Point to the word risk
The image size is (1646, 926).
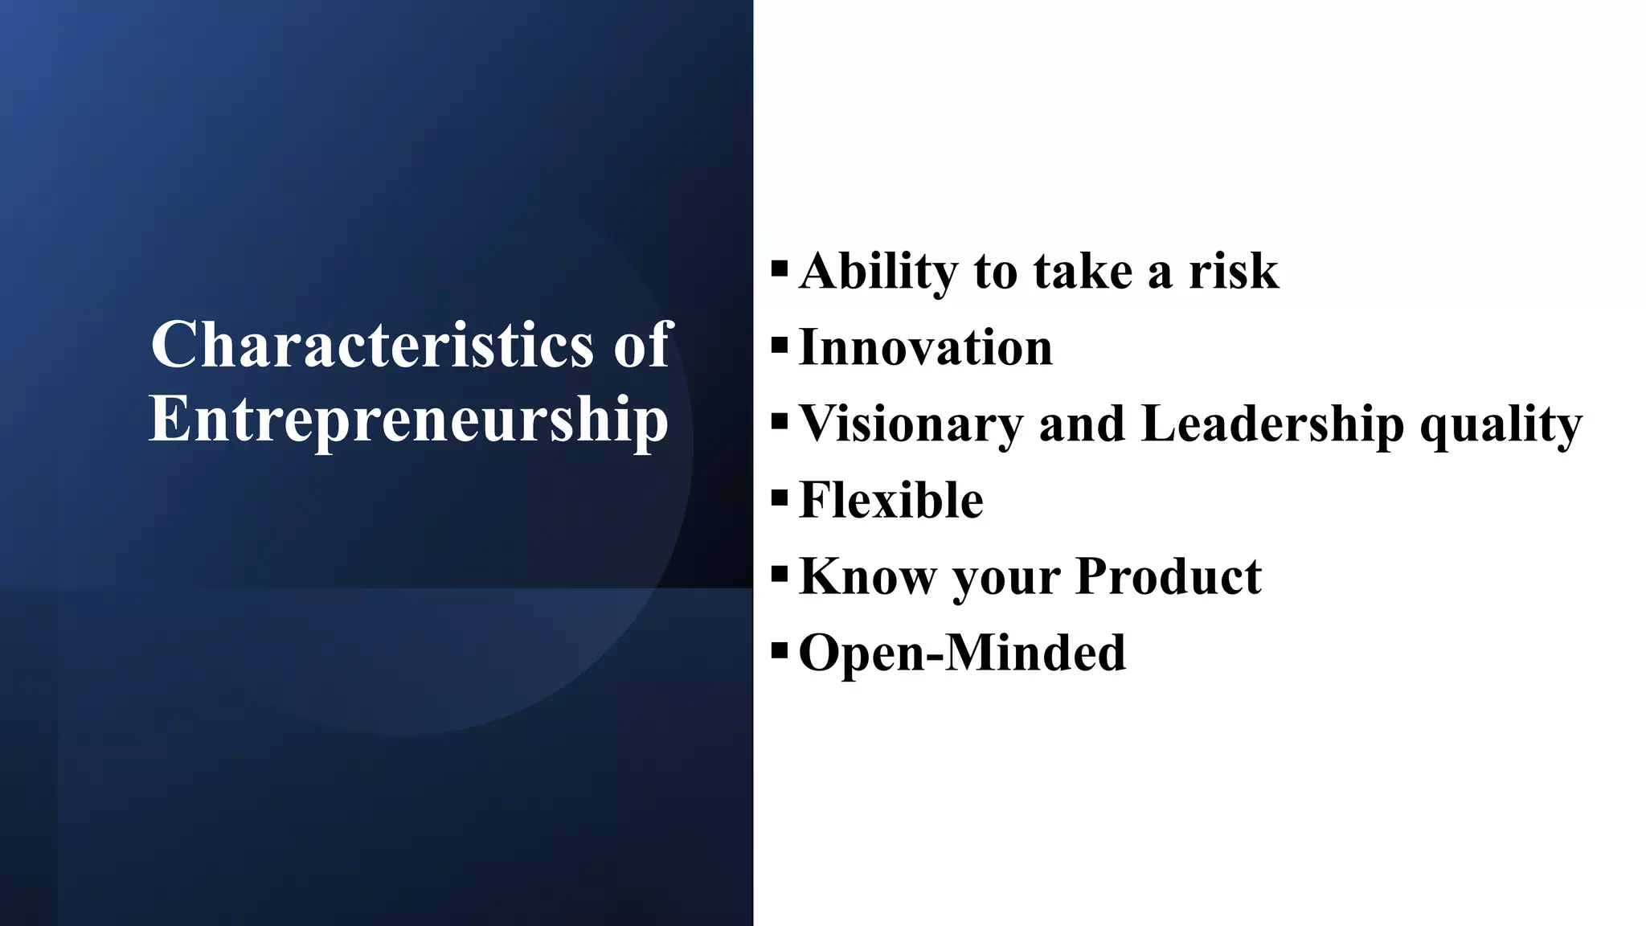(x=1234, y=272)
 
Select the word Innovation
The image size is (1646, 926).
(x=926, y=348)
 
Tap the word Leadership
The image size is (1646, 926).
(x=1272, y=424)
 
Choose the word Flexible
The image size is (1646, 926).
(x=891, y=500)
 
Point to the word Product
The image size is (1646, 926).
(x=1169, y=576)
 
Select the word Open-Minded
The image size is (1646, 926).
(x=963, y=652)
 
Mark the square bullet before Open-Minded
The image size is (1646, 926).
(x=779, y=651)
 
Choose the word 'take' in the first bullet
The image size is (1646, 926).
(x=1082, y=272)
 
